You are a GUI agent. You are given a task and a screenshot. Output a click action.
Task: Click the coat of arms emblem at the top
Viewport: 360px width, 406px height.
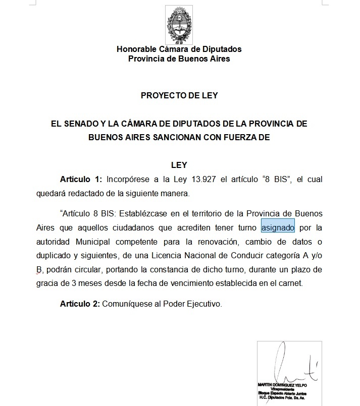pyautogui.click(x=179, y=25)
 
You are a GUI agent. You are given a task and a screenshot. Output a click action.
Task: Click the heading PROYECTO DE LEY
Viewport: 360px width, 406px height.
pyautogui.click(x=179, y=95)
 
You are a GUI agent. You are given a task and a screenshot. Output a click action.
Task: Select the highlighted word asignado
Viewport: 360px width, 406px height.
pyautogui.click(x=278, y=227)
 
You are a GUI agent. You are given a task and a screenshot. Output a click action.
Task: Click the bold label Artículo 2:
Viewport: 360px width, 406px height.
pyautogui.click(x=80, y=304)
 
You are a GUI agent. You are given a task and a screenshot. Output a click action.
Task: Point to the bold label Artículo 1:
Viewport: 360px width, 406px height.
pyautogui.click(x=81, y=179)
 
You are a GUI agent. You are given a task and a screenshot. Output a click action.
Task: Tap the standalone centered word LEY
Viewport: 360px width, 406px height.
pyautogui.click(x=179, y=165)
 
